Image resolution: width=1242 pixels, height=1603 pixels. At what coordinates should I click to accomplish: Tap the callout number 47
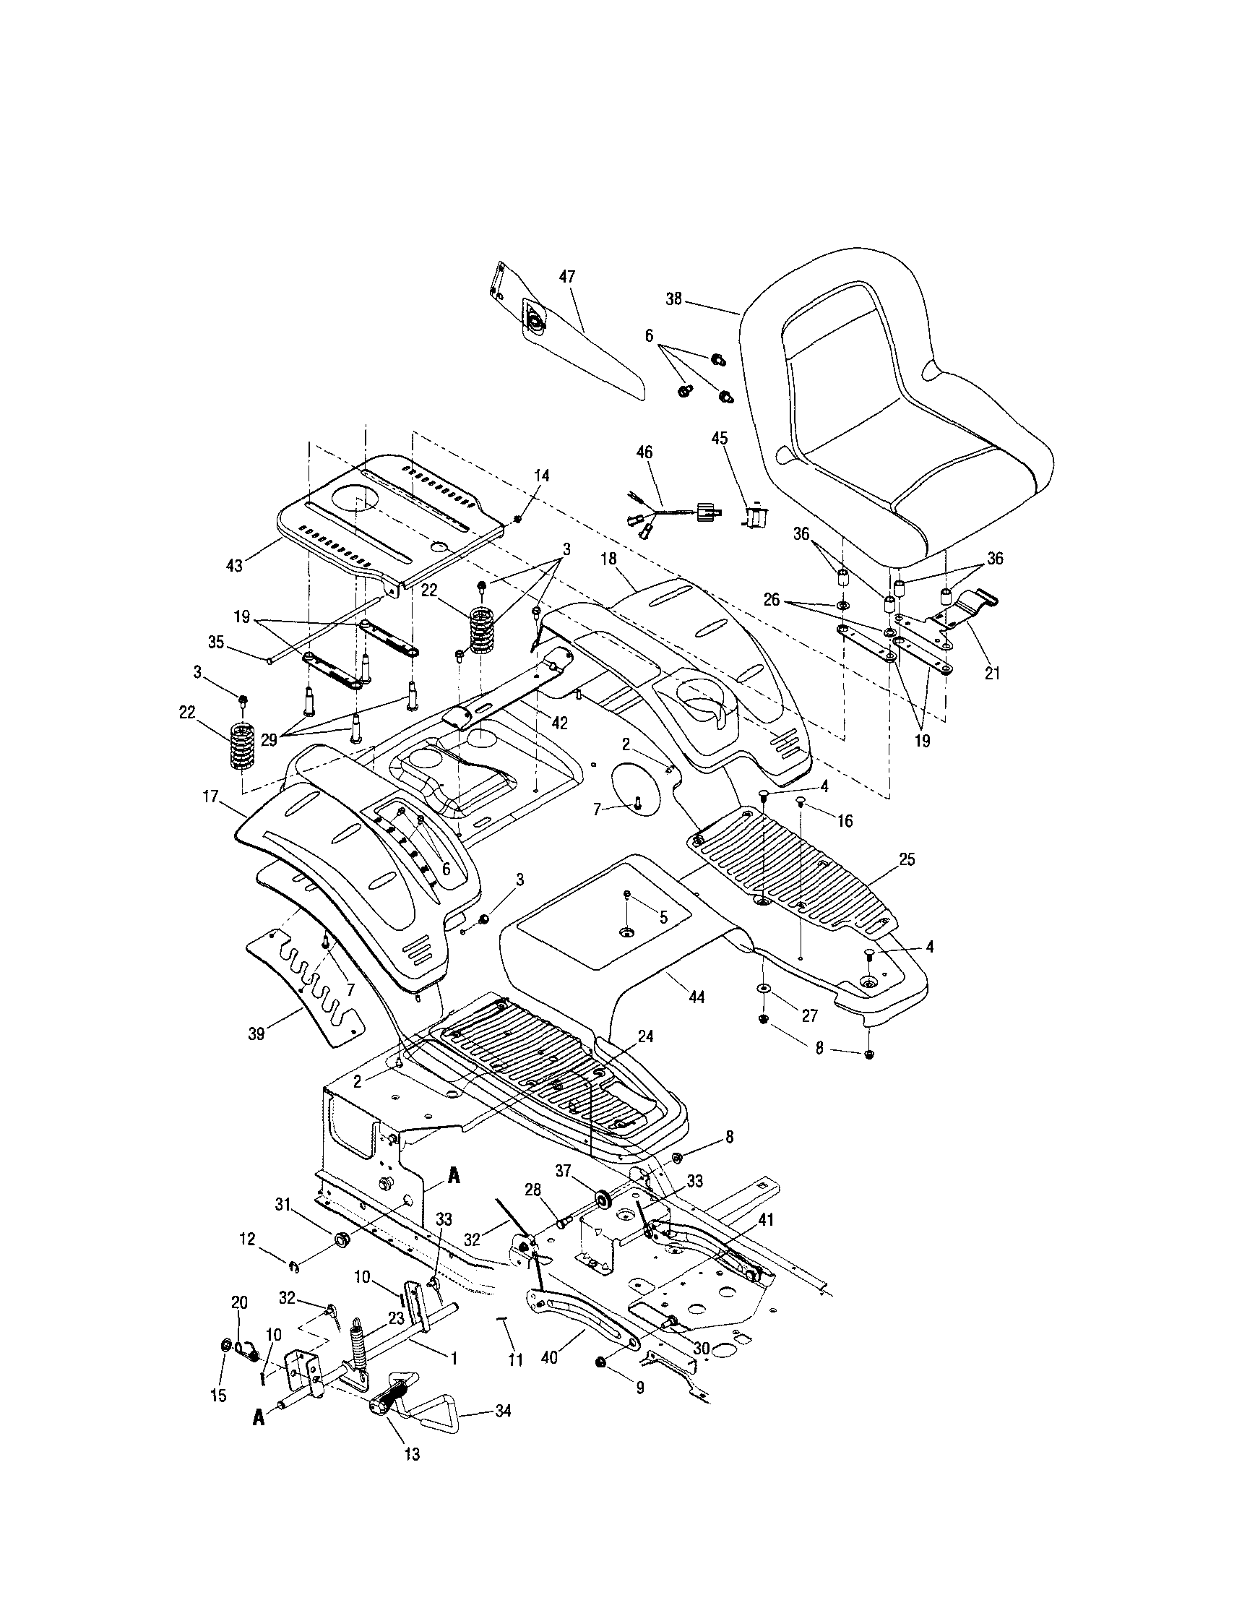(x=567, y=277)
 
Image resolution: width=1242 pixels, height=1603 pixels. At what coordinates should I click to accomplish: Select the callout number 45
(x=720, y=438)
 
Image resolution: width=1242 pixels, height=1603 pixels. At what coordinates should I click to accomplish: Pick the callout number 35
(x=216, y=643)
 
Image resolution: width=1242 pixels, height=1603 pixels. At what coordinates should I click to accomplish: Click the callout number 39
(x=256, y=1034)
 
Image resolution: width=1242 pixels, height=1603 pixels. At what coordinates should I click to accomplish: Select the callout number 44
(x=697, y=997)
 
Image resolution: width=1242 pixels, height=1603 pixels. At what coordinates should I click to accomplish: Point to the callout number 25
(x=907, y=859)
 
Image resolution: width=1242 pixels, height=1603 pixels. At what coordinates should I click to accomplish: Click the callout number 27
(x=809, y=1016)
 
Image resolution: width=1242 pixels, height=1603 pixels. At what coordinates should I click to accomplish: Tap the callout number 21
(x=992, y=673)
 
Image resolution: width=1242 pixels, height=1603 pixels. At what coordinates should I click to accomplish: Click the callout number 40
(x=548, y=1358)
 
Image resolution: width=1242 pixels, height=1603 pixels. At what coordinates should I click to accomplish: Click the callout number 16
(x=845, y=821)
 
